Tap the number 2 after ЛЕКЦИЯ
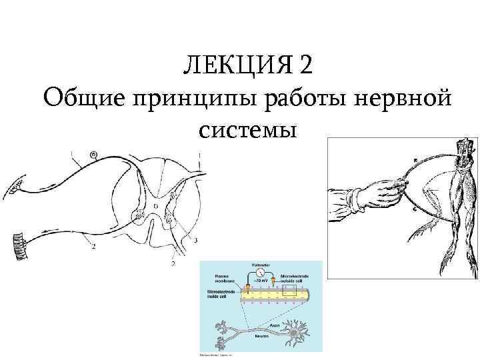(x=305, y=67)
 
